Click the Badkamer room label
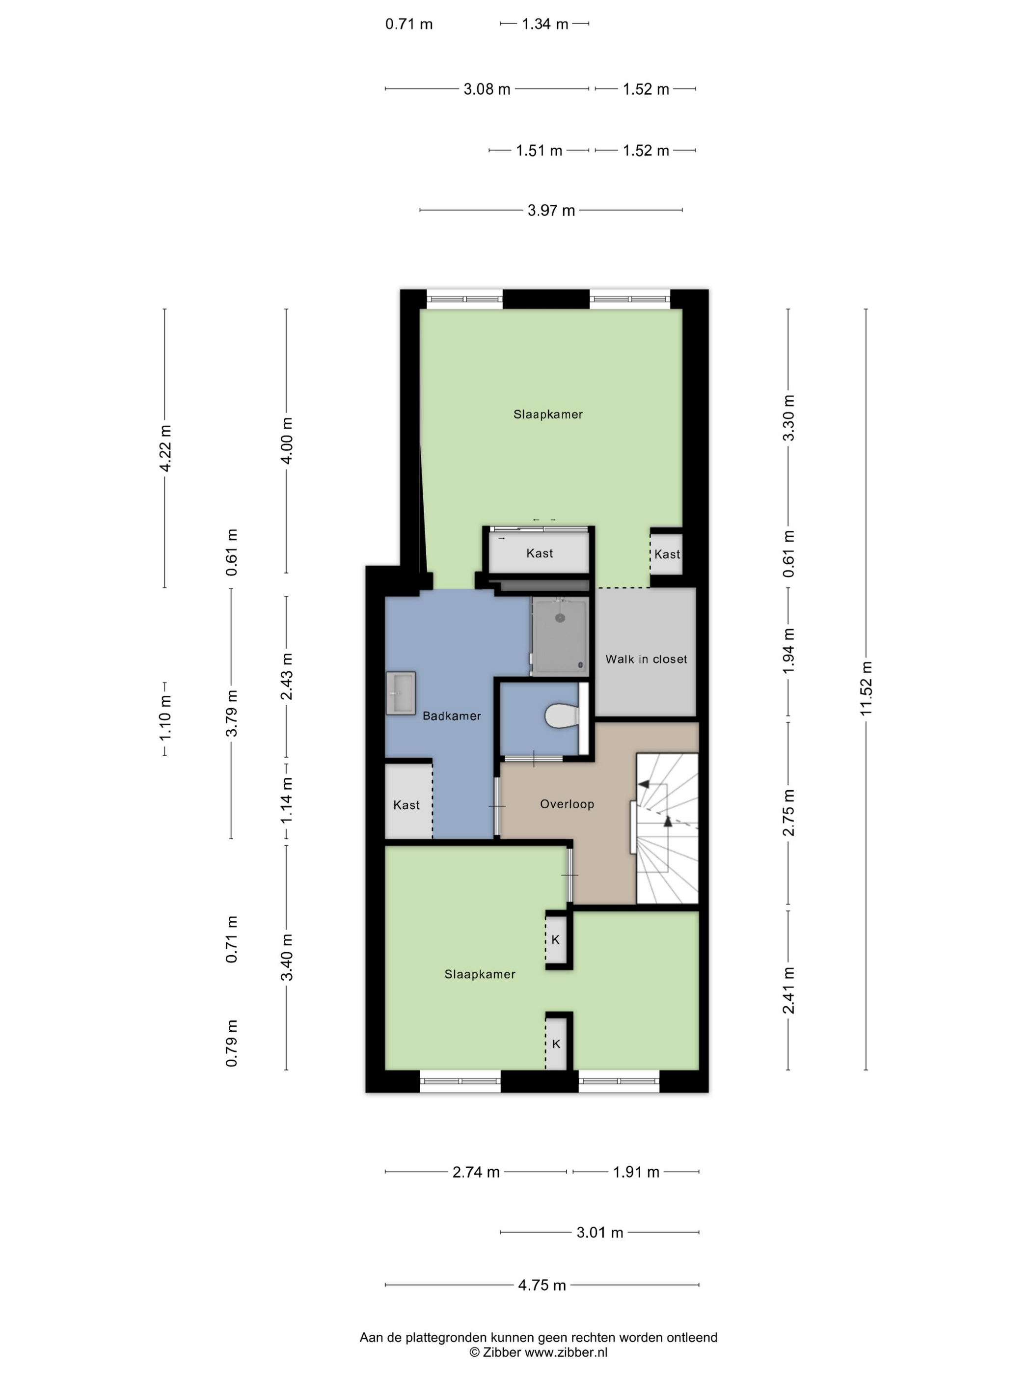point(451,716)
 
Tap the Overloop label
point(567,804)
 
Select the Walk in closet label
point(646,659)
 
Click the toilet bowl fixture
point(562,716)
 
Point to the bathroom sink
point(400,692)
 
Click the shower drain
point(560,618)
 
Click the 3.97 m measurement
point(551,210)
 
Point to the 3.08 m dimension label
point(487,89)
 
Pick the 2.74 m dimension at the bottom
point(476,1172)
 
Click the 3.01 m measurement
point(600,1232)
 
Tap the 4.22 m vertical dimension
point(165,448)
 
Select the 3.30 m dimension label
point(788,418)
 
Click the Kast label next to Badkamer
point(407,805)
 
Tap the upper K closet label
point(556,940)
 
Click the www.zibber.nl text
point(566,1352)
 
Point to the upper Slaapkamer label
point(547,414)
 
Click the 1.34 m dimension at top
point(545,24)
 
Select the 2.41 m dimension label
point(788,990)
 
